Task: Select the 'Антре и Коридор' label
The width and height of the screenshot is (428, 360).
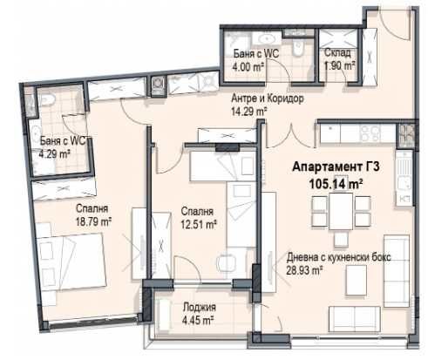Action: [x=268, y=98]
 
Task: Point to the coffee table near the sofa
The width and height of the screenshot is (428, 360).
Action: [x=354, y=278]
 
